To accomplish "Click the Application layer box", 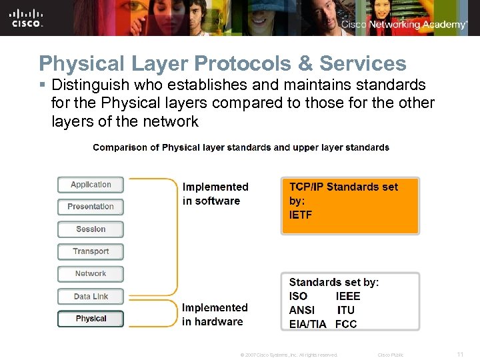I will click(91, 185).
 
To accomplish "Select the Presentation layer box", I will click(91, 207).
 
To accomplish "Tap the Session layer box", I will click(91, 229).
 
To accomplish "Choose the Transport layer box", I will click(91, 251).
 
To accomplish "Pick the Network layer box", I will click(91, 274).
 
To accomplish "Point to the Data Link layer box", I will click(91, 297).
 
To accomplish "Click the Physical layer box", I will click(91, 319).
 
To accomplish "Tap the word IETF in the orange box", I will click(301, 215).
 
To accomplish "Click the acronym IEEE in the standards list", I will click(347, 296).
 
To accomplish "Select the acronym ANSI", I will click(302, 310).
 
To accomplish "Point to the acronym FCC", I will click(346, 324).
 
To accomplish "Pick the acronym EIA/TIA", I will click(308, 324).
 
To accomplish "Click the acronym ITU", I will click(346, 310).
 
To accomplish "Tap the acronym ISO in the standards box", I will click(299, 296).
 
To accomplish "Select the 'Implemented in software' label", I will click(215, 194).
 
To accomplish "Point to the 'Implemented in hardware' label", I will click(215, 315).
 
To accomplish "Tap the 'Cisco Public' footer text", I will click(391, 355).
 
